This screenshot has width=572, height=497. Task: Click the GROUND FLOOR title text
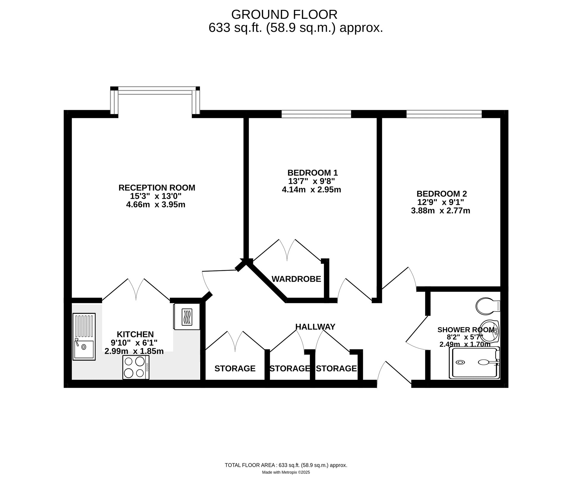point(284,14)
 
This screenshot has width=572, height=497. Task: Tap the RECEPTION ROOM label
point(157,188)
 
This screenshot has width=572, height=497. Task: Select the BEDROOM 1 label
point(313,173)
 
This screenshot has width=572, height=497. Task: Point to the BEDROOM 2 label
point(442,194)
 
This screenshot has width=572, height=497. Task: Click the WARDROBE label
point(296,279)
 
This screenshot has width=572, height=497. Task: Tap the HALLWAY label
point(315,327)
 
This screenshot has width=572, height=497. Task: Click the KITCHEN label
point(135,334)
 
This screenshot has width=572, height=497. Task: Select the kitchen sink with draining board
point(84,337)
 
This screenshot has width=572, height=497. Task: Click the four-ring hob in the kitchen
point(136,368)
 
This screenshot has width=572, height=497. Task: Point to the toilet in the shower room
point(488,306)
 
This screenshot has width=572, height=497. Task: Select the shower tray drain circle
point(461,362)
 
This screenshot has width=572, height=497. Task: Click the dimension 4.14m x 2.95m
point(311,190)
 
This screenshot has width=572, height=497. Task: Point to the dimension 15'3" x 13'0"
point(156,196)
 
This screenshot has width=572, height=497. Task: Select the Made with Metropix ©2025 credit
point(286,472)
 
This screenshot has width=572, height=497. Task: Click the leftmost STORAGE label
point(235,368)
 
